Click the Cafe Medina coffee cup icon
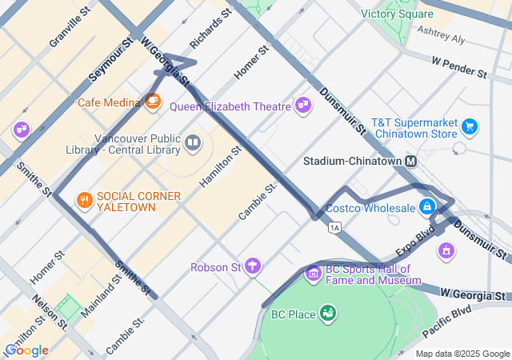pyautogui.click(x=153, y=102)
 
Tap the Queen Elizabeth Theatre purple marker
pyautogui.click(x=302, y=105)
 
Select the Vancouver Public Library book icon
pyautogui.click(x=193, y=143)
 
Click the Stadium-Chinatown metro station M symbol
pyautogui.click(x=411, y=162)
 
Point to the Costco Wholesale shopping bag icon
pyautogui.click(x=428, y=207)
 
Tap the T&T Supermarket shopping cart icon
pyautogui.click(x=470, y=126)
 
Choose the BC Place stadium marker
pyautogui.click(x=327, y=313)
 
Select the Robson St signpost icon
pyautogui.click(x=253, y=266)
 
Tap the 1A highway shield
pyautogui.click(x=334, y=228)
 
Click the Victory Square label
pyautogui.click(x=397, y=14)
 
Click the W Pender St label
pyautogui.click(x=458, y=66)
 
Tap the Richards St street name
pyautogui.click(x=210, y=29)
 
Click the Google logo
pyautogui.click(x=26, y=350)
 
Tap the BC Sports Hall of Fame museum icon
pyautogui.click(x=313, y=274)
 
